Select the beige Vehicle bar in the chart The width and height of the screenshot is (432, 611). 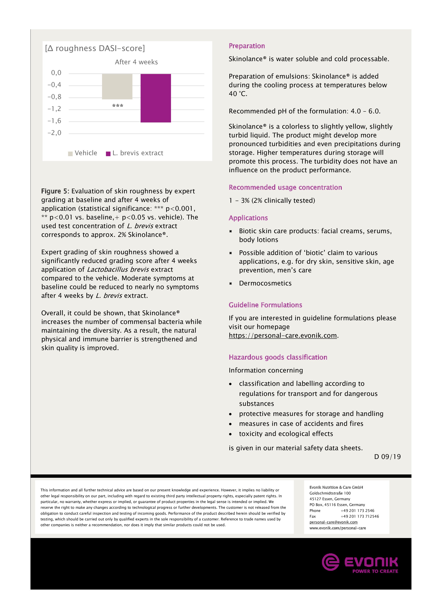coord(117,87)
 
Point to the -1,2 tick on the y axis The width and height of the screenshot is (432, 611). coord(54,109)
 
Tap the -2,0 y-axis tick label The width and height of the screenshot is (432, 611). coord(54,133)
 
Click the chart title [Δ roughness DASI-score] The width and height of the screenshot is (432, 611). coord(95,48)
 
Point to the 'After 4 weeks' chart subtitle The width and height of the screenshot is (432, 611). coord(136,62)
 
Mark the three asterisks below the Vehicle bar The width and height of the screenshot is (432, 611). coord(118,106)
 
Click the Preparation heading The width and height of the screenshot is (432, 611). coord(247,46)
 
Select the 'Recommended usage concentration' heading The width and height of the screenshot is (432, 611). coord(285,187)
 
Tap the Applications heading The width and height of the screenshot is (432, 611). coord(248,218)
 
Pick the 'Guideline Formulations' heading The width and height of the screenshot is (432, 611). coord(265,305)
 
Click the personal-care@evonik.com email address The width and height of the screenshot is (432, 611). coord(333,522)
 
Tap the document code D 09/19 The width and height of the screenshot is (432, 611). coord(387,457)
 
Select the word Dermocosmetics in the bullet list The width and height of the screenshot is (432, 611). coord(265,283)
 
